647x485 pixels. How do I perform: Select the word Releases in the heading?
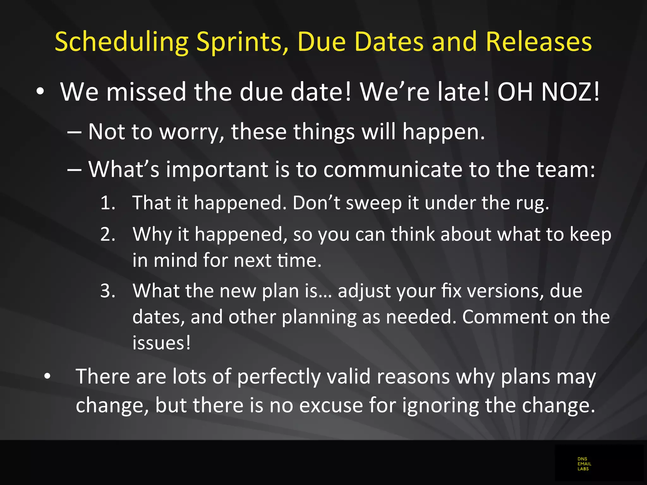click(x=539, y=42)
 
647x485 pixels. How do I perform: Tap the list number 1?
click(x=107, y=203)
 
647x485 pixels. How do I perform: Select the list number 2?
click(x=107, y=235)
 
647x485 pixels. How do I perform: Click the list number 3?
click(x=107, y=291)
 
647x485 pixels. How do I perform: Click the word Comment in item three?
click(x=505, y=317)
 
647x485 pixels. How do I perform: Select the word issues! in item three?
click(x=161, y=343)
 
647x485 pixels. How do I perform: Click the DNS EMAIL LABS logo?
click(x=584, y=464)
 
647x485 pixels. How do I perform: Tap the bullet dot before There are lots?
click(x=47, y=376)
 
